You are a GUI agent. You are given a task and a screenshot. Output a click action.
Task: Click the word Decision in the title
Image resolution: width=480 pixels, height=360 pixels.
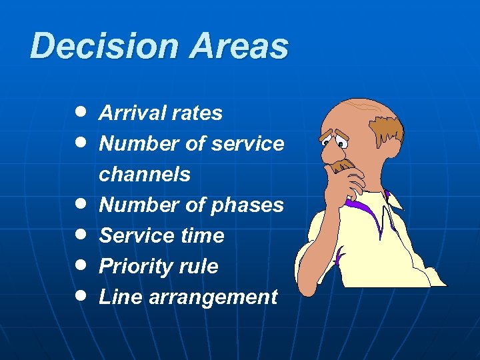coord(104,47)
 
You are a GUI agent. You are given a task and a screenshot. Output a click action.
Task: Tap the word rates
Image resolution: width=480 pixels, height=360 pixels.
coord(196,113)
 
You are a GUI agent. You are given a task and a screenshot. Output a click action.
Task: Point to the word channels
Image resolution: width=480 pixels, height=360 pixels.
coord(145,175)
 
